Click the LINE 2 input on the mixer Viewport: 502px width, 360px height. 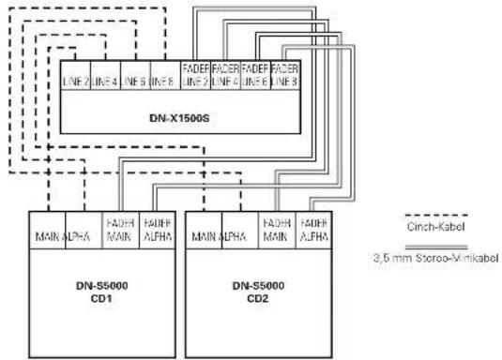[x=76, y=82]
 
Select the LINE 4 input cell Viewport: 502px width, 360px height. [x=105, y=82]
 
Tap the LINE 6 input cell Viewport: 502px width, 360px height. [x=134, y=82]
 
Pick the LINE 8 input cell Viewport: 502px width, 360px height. [x=162, y=82]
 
